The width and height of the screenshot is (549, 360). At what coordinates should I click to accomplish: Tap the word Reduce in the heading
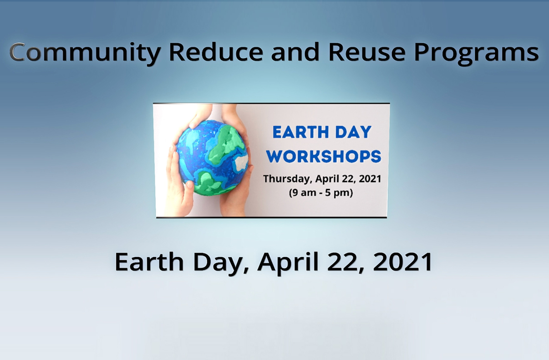(216, 52)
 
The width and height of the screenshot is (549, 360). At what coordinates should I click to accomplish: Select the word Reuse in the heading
(367, 52)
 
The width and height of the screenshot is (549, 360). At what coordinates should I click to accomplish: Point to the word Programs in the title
(476, 54)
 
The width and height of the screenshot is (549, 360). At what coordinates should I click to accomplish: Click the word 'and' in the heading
(295, 52)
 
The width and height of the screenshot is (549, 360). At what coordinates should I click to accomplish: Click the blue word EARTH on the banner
(301, 132)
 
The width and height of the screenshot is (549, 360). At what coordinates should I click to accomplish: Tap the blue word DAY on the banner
(353, 132)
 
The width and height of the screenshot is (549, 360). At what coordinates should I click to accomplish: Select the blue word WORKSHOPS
(324, 157)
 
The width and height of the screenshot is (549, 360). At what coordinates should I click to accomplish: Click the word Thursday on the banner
(288, 179)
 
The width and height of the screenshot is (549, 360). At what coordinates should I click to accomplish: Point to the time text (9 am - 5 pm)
(321, 193)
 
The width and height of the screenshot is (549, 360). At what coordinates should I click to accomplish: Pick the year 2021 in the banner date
(370, 179)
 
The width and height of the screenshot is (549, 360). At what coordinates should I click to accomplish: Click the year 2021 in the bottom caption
(403, 262)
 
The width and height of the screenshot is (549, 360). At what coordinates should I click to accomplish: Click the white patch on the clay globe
(242, 162)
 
